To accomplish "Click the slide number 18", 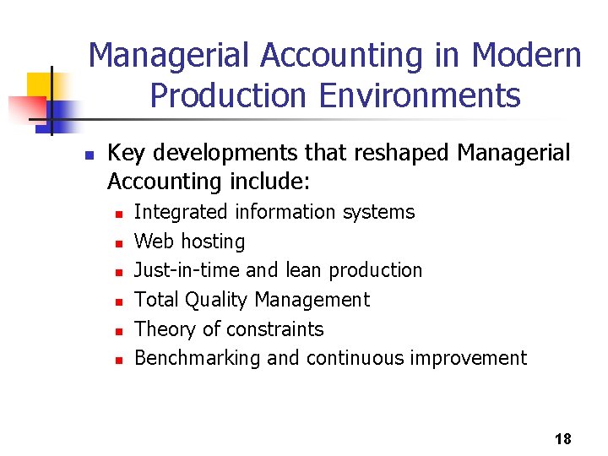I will click(563, 438).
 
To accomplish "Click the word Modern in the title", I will click(527, 56).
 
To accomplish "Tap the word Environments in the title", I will click(420, 95).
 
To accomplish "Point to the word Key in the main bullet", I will click(125, 153).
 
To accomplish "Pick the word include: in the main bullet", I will click(271, 182).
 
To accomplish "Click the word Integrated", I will click(182, 212).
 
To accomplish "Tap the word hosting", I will click(213, 242).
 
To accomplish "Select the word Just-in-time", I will click(187, 270).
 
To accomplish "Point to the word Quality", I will click(219, 300).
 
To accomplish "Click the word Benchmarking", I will click(198, 358).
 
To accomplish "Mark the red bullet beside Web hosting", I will click(119, 243).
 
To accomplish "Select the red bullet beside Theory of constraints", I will click(119, 330).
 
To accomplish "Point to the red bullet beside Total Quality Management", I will click(119, 301).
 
